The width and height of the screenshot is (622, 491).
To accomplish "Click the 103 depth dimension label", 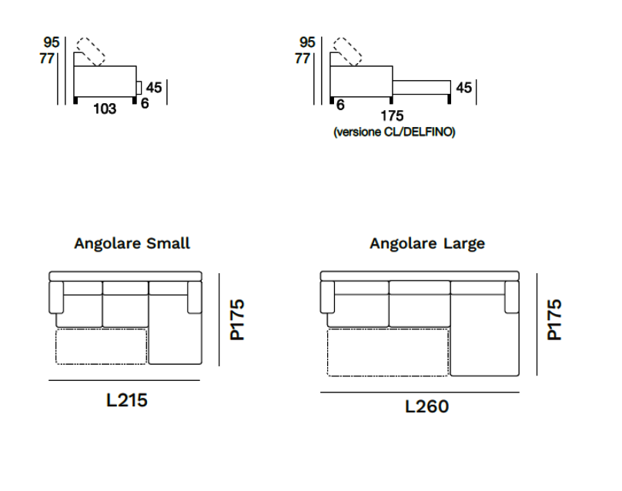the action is tap(105, 109).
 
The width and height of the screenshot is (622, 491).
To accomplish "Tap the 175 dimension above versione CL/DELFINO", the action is tap(392, 115).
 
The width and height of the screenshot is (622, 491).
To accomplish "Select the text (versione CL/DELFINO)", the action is tap(394, 132).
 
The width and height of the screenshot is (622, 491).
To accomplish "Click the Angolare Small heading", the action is tap(132, 243).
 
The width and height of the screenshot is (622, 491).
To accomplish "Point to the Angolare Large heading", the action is tap(427, 243).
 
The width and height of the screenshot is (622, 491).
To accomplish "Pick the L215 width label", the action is tap(127, 400).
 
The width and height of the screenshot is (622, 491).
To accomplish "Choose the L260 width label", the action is tap(426, 406).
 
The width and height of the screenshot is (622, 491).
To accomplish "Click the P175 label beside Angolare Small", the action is tap(238, 319).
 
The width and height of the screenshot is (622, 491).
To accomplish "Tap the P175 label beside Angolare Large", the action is tap(554, 319).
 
